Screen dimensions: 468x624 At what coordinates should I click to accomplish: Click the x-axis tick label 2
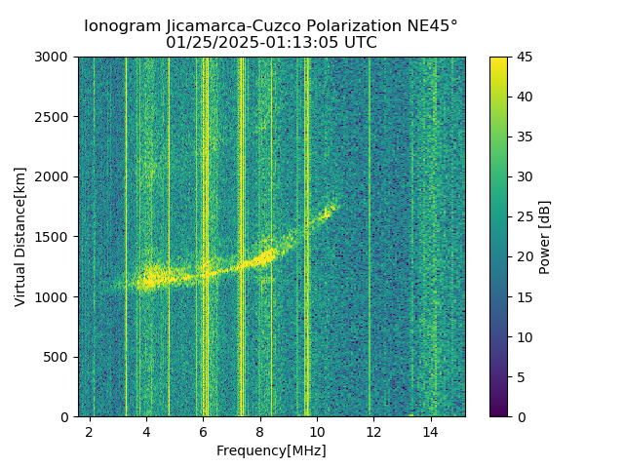tap(90, 431)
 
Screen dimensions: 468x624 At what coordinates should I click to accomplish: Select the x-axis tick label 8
tap(259, 431)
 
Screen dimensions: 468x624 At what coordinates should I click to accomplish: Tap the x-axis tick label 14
tap(430, 431)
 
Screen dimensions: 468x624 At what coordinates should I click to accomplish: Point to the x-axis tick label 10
tap(317, 431)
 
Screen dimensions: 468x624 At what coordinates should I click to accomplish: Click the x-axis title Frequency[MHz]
tap(271, 450)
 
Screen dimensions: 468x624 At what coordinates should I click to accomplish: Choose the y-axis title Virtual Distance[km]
tap(20, 236)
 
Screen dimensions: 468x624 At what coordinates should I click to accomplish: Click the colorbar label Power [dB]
tap(545, 237)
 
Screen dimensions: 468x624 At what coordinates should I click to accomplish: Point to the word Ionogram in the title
tap(117, 26)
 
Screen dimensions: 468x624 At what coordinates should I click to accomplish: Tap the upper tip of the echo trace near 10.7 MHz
tap(334, 203)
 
